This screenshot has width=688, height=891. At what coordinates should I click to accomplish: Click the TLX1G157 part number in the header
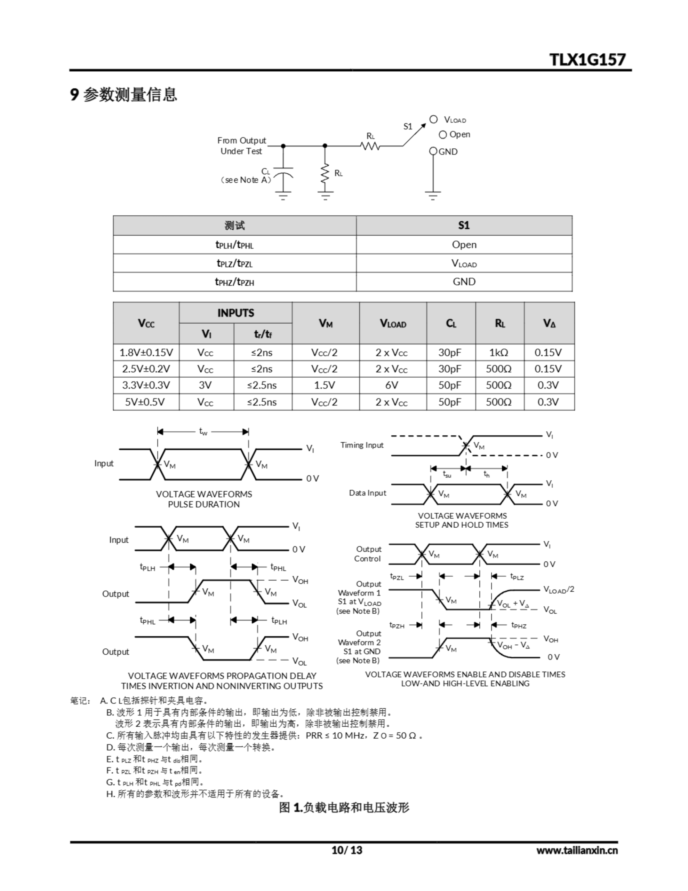point(587,60)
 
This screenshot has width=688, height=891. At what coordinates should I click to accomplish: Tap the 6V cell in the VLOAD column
point(392,385)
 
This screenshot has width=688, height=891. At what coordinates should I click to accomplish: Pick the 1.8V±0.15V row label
point(146,353)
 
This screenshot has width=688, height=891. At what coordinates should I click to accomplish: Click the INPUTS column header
point(235,313)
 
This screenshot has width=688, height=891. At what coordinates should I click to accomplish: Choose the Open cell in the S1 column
point(464,244)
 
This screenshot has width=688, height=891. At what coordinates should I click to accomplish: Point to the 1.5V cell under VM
point(325,385)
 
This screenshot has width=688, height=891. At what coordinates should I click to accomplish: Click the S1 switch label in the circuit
point(408,126)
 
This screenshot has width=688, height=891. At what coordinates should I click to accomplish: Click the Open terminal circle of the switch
point(443,135)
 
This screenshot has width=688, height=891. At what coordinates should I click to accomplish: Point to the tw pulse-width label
point(203,431)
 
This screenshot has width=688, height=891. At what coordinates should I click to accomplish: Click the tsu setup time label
point(447,474)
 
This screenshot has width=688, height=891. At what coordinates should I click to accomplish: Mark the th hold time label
point(486,474)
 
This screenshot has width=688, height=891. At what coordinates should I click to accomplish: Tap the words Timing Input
point(362,445)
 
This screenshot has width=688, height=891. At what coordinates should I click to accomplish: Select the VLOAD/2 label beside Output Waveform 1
point(558,590)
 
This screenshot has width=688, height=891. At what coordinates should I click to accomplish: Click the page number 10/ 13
point(347,850)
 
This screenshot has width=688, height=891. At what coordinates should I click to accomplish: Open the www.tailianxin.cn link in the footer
point(577,850)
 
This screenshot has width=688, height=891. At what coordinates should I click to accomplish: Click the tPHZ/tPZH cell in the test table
point(234,282)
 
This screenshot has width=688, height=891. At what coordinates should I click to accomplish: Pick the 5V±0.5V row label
point(145,402)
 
